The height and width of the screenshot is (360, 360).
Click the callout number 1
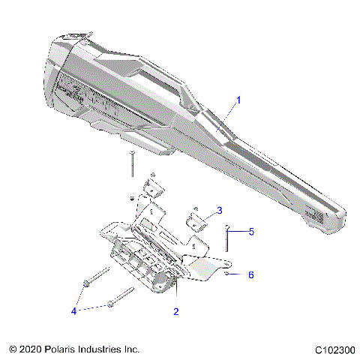click(239, 100)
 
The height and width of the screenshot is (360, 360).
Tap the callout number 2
click(175, 310)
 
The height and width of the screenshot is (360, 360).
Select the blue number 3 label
click(219, 210)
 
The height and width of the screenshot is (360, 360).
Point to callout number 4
click(73, 310)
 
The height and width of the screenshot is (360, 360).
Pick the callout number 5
click(251, 232)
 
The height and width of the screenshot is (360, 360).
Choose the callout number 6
click(250, 275)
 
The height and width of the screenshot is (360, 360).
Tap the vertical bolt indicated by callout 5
click(226, 239)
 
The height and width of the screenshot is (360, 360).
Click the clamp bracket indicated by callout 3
click(196, 220)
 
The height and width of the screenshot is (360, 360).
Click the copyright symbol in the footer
click(13, 349)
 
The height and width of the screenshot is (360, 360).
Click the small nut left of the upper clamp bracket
click(132, 199)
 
